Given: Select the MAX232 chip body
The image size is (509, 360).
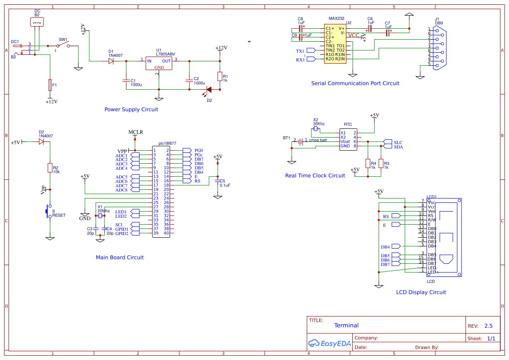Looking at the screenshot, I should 335,44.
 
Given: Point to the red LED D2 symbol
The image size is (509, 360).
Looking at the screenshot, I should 209,90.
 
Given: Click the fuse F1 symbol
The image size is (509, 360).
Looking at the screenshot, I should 50,85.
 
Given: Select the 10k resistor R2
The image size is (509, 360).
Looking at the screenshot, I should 50,168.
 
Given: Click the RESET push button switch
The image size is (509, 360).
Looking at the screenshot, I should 48,212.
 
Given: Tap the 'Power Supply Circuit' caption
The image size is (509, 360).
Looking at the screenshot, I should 131,110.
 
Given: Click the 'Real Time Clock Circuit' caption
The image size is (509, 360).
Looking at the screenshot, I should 315,176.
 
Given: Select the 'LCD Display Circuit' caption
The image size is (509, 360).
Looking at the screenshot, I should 421,293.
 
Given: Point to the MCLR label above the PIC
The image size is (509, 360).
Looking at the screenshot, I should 135,132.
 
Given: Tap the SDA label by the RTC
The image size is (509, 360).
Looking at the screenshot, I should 398,147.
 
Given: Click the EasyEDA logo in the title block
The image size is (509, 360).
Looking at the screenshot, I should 330,343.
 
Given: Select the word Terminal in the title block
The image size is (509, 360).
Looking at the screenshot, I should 346,326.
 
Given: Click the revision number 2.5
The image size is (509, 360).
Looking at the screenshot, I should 488,326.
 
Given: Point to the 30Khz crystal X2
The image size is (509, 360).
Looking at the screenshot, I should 317,129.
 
